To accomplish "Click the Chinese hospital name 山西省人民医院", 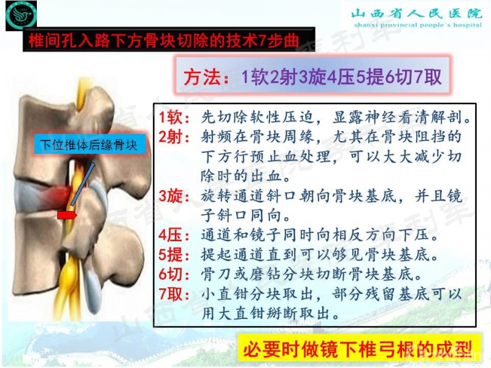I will click(417, 13).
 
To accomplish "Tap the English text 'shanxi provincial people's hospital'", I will click(417, 25).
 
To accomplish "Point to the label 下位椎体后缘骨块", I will click(88, 145).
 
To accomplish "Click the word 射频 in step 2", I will click(215, 136).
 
